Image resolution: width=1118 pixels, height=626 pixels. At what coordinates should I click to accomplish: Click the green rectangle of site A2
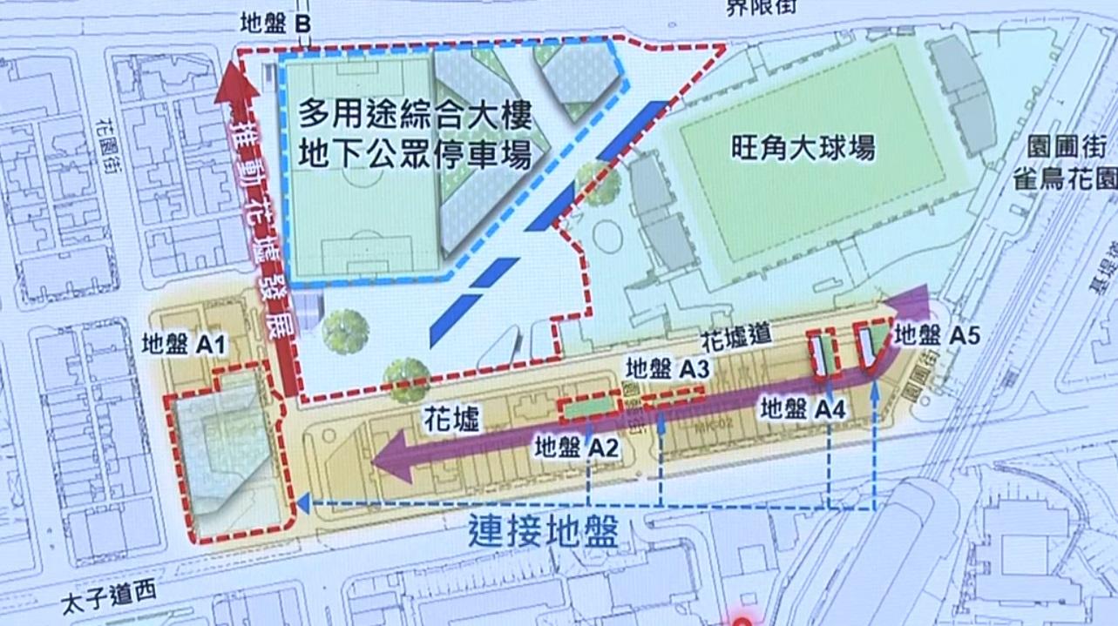[x=590, y=406]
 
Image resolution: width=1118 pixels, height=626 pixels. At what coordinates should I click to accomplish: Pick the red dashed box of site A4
[x=822, y=353]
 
